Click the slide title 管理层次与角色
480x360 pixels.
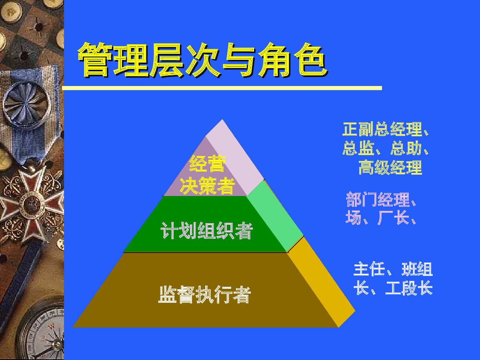point(203,60)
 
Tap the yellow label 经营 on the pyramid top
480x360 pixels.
point(207,164)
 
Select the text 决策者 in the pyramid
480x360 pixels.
point(207,186)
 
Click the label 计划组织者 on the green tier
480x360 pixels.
point(207,231)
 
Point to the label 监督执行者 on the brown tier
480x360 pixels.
point(205,294)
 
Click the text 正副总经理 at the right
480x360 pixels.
point(382,129)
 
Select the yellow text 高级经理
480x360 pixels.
point(390,168)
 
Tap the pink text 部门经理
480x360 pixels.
point(378,199)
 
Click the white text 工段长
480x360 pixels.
point(409,288)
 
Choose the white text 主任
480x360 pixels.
point(369,269)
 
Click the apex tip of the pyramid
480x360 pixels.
point(222,119)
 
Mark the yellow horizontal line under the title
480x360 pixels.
point(222,88)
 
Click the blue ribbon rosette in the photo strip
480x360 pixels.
point(26,104)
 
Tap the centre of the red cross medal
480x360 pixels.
point(32,204)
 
